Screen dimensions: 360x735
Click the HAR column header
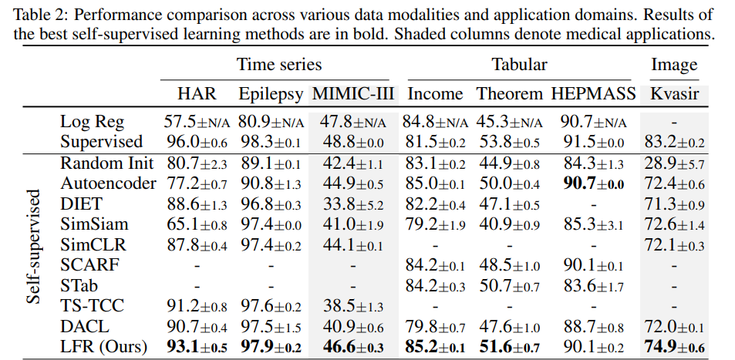point(197,94)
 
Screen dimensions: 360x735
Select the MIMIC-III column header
point(353,94)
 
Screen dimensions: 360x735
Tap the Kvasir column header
point(675,94)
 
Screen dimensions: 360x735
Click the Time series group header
point(278,65)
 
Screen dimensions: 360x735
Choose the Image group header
point(675,65)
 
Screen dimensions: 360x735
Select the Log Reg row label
point(91,122)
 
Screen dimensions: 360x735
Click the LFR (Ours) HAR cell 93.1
point(196,347)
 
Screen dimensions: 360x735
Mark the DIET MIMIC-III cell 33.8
point(353,204)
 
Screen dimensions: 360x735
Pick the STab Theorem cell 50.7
point(508,286)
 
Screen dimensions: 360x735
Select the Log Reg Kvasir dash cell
point(675,122)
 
